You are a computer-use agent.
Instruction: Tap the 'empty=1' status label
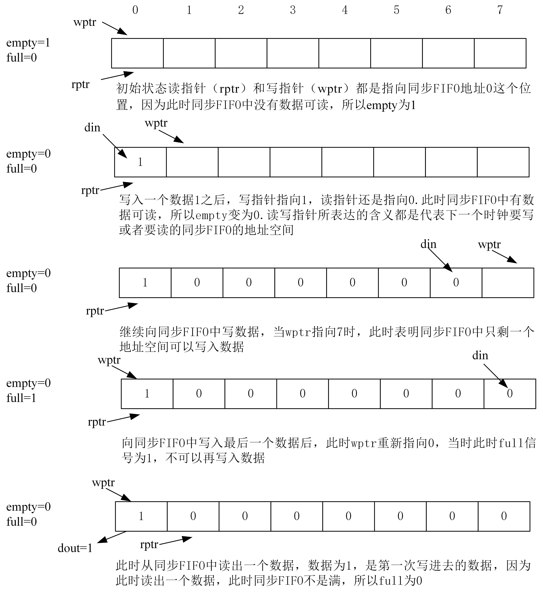point(28,43)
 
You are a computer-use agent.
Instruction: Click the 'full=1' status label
point(21,398)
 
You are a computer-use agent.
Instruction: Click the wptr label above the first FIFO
point(85,22)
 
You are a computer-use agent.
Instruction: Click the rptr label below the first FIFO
point(80,84)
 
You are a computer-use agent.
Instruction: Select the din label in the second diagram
point(92,128)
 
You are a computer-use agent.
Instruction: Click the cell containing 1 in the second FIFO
point(140,162)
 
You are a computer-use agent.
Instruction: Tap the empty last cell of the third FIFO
point(508,283)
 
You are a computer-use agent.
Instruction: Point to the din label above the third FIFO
point(428,244)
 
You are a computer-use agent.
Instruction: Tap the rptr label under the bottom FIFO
point(149,544)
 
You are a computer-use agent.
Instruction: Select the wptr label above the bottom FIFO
point(103,483)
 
